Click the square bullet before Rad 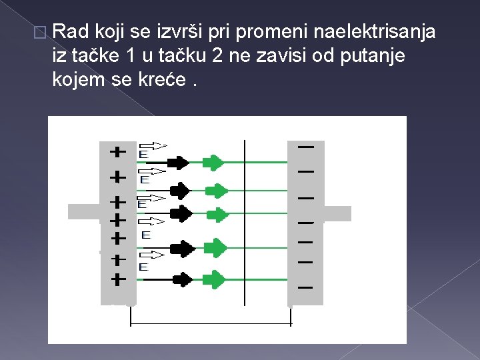pyautogui.click(x=43, y=32)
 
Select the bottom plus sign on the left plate pyautogui.click(x=117, y=279)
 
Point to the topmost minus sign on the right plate pyautogui.click(x=306, y=145)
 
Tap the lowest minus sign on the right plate pyautogui.click(x=306, y=287)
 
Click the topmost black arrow pyautogui.click(x=178, y=162)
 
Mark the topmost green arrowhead pyautogui.click(x=214, y=162)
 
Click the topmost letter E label pyautogui.click(x=143, y=154)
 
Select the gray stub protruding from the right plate pyautogui.click(x=337, y=213)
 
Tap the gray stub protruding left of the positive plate pyautogui.click(x=83, y=211)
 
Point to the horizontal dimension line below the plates pyautogui.click(x=211, y=325)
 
